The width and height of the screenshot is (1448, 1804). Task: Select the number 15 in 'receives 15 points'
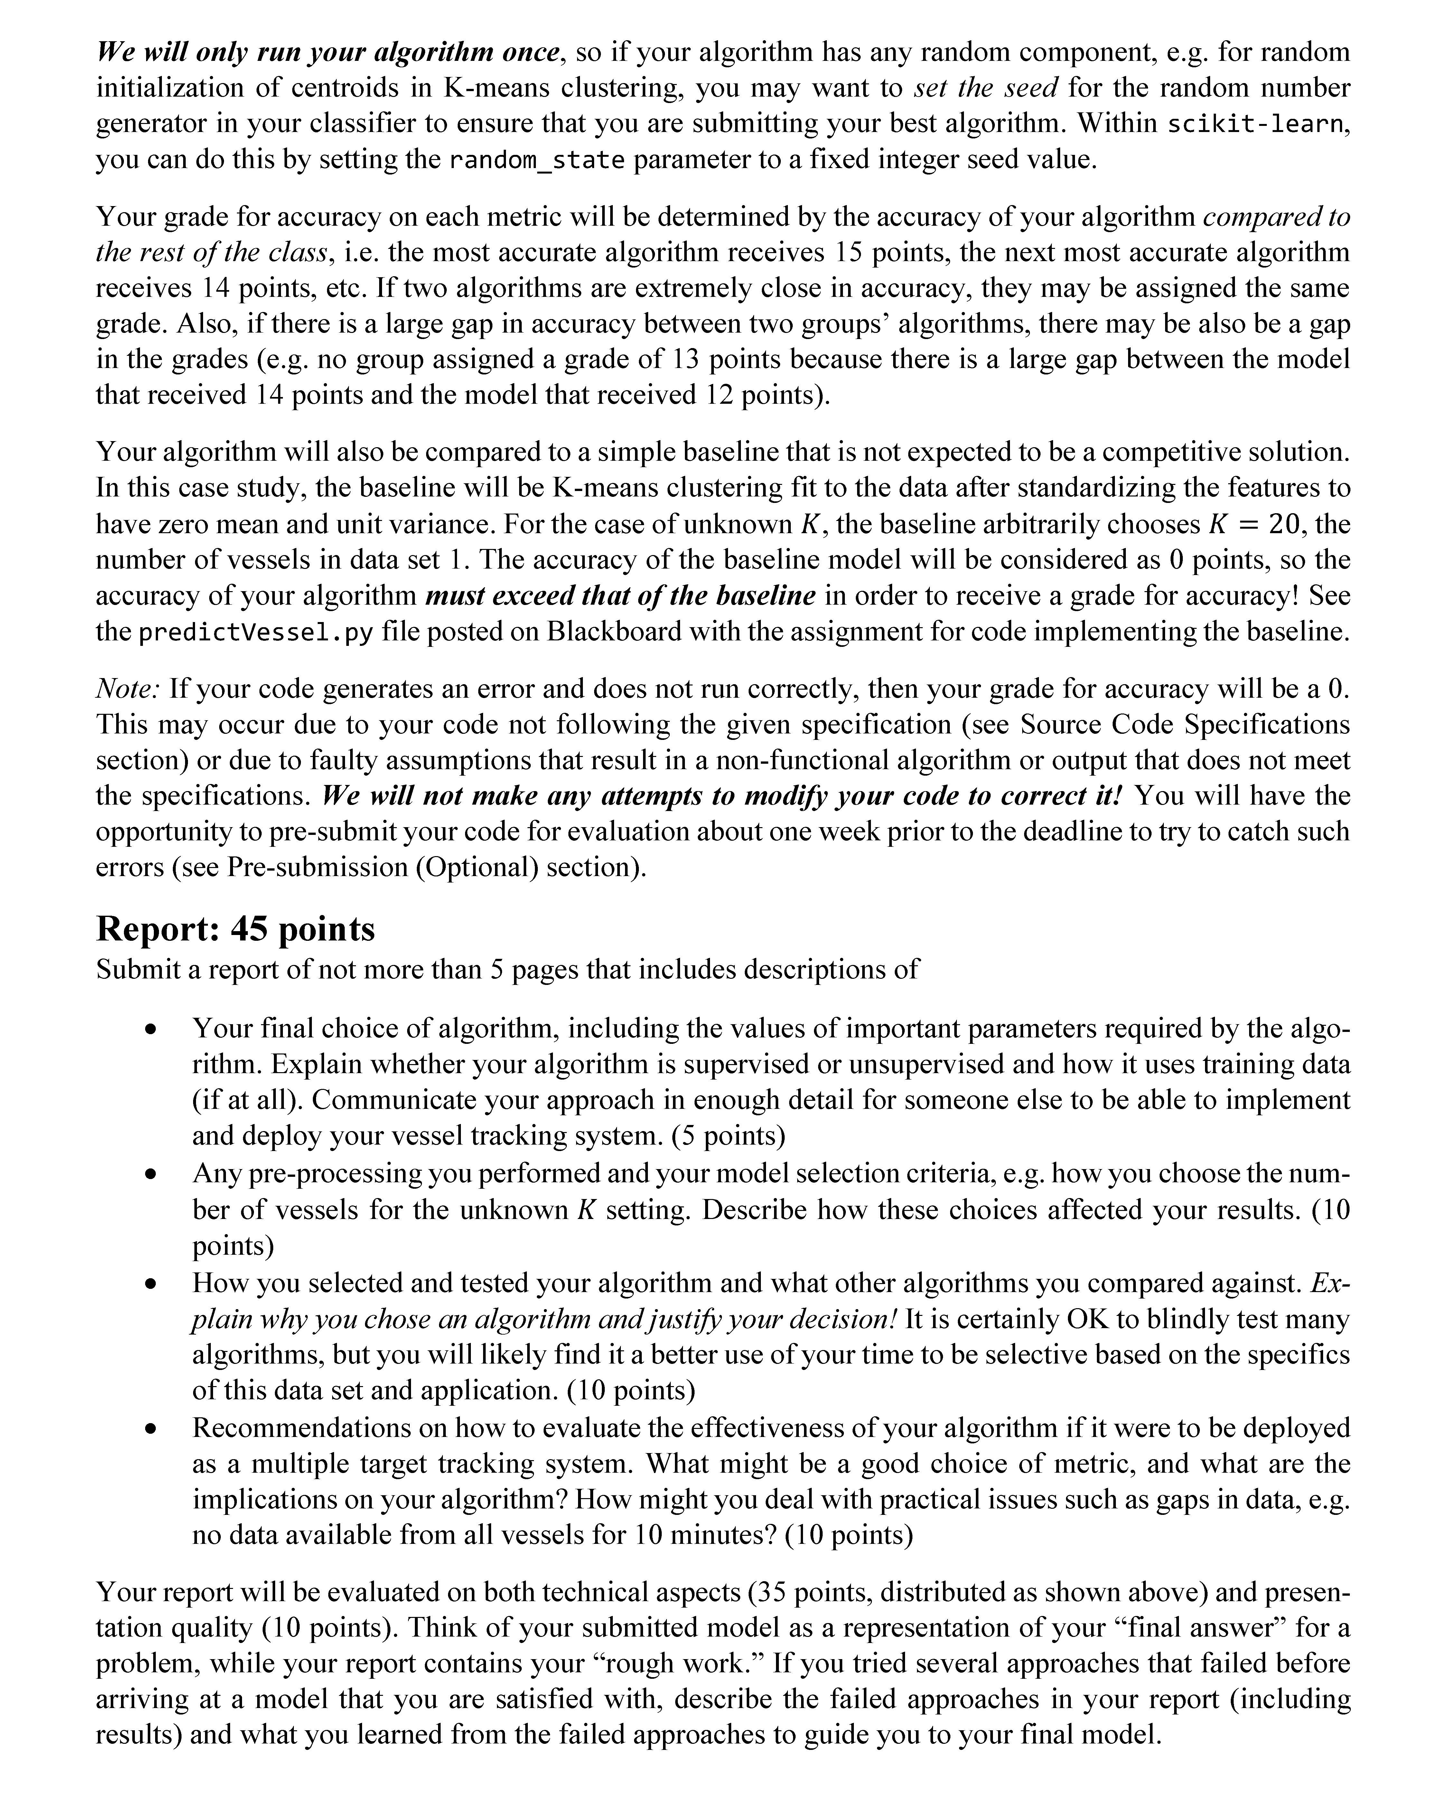pyautogui.click(x=849, y=253)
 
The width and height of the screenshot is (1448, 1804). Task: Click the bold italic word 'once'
pyautogui.click(x=530, y=52)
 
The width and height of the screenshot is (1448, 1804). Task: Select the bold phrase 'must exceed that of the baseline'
pyautogui.click(x=620, y=596)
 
